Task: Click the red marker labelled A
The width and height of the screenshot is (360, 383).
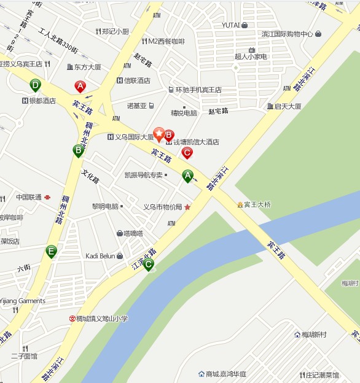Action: [x=80, y=87]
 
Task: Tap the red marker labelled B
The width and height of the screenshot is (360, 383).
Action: [x=169, y=135]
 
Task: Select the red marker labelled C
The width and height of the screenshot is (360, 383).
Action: [x=187, y=153]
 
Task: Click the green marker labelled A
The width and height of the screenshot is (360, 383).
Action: [x=188, y=176]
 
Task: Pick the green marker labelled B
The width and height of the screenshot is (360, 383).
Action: [x=78, y=150]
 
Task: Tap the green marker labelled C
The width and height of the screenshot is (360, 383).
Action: [x=148, y=265]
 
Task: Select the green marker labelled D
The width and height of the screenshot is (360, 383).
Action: [x=36, y=85]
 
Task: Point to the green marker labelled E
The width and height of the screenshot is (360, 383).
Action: [x=51, y=251]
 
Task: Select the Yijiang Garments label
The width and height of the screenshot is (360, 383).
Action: [x=22, y=301]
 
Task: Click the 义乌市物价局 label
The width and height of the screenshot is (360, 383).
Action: [x=163, y=207]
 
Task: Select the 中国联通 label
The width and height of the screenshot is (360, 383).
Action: [x=29, y=197]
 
